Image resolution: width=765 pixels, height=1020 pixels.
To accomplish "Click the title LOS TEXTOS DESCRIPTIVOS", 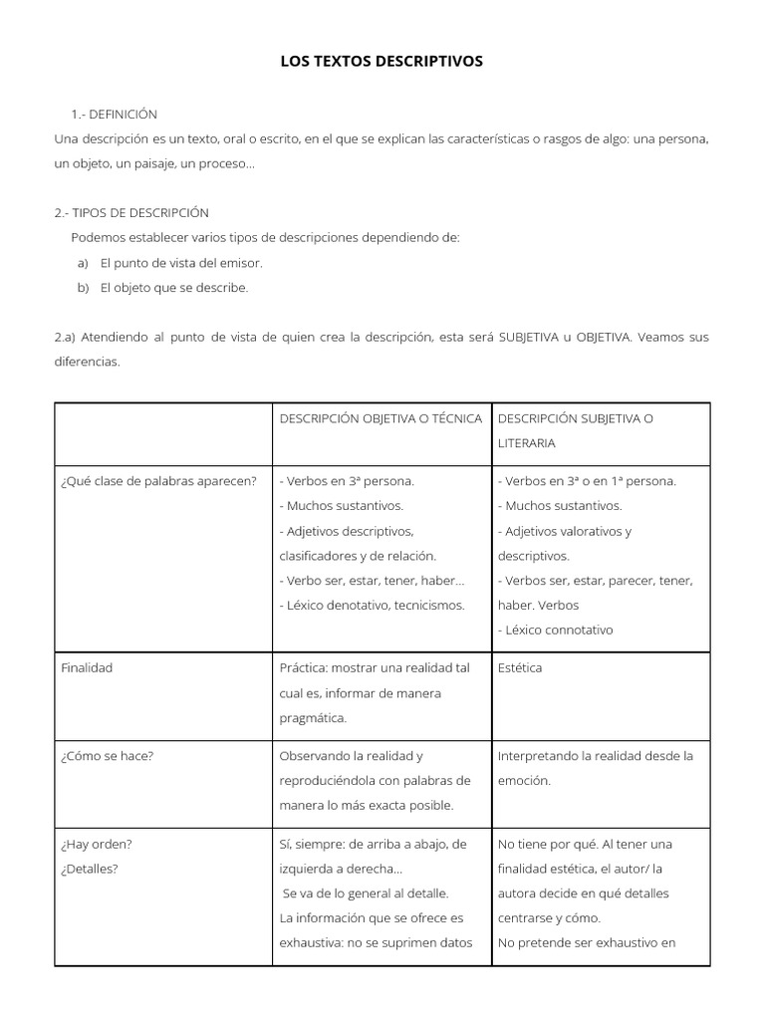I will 382,62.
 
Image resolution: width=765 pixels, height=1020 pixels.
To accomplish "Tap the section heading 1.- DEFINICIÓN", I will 115,115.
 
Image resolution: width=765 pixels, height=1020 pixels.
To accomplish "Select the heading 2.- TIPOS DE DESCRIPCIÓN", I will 131,213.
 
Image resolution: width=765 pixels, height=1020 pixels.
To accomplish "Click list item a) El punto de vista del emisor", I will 181,263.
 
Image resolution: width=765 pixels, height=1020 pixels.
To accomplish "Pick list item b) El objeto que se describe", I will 173,288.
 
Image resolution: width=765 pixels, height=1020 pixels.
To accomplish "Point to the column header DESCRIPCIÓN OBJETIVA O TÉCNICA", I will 381,418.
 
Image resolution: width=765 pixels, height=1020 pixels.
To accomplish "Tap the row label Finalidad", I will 87,668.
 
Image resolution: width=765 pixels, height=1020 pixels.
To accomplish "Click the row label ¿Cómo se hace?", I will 108,756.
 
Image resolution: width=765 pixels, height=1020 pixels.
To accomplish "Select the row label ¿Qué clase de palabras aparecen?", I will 158,481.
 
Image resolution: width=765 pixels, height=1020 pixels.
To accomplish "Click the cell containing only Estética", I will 520,668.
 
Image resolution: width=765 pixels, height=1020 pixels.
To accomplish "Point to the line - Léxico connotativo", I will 556,631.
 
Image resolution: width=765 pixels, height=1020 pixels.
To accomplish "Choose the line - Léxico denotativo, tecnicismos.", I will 373,606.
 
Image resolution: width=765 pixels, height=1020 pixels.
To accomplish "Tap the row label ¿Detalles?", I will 90,869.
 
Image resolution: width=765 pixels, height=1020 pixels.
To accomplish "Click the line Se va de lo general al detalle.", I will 367,893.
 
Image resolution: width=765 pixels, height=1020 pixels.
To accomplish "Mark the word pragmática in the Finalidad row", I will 314,717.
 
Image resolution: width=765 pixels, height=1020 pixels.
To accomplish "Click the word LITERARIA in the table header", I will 527,442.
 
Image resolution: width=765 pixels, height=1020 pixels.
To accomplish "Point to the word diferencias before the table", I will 87,363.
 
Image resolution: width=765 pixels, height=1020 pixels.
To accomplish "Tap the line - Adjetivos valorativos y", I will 565,531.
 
